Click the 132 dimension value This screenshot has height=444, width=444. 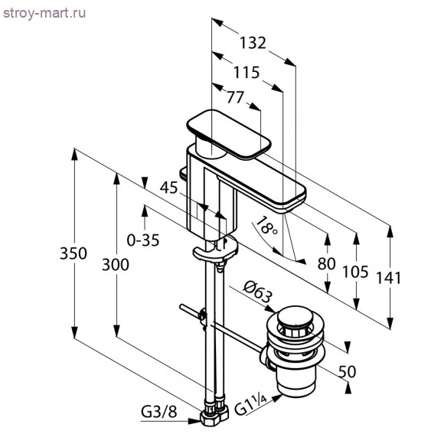[251, 44]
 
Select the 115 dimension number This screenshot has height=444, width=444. [246, 73]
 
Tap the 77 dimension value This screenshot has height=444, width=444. [236, 96]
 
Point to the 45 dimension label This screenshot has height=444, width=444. [168, 188]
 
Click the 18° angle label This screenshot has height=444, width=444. [266, 227]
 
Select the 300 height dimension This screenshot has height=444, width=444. [115, 265]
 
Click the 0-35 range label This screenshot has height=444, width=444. [143, 240]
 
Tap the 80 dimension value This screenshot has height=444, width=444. [327, 263]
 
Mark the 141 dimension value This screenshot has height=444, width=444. [390, 278]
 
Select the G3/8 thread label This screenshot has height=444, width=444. [160, 412]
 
